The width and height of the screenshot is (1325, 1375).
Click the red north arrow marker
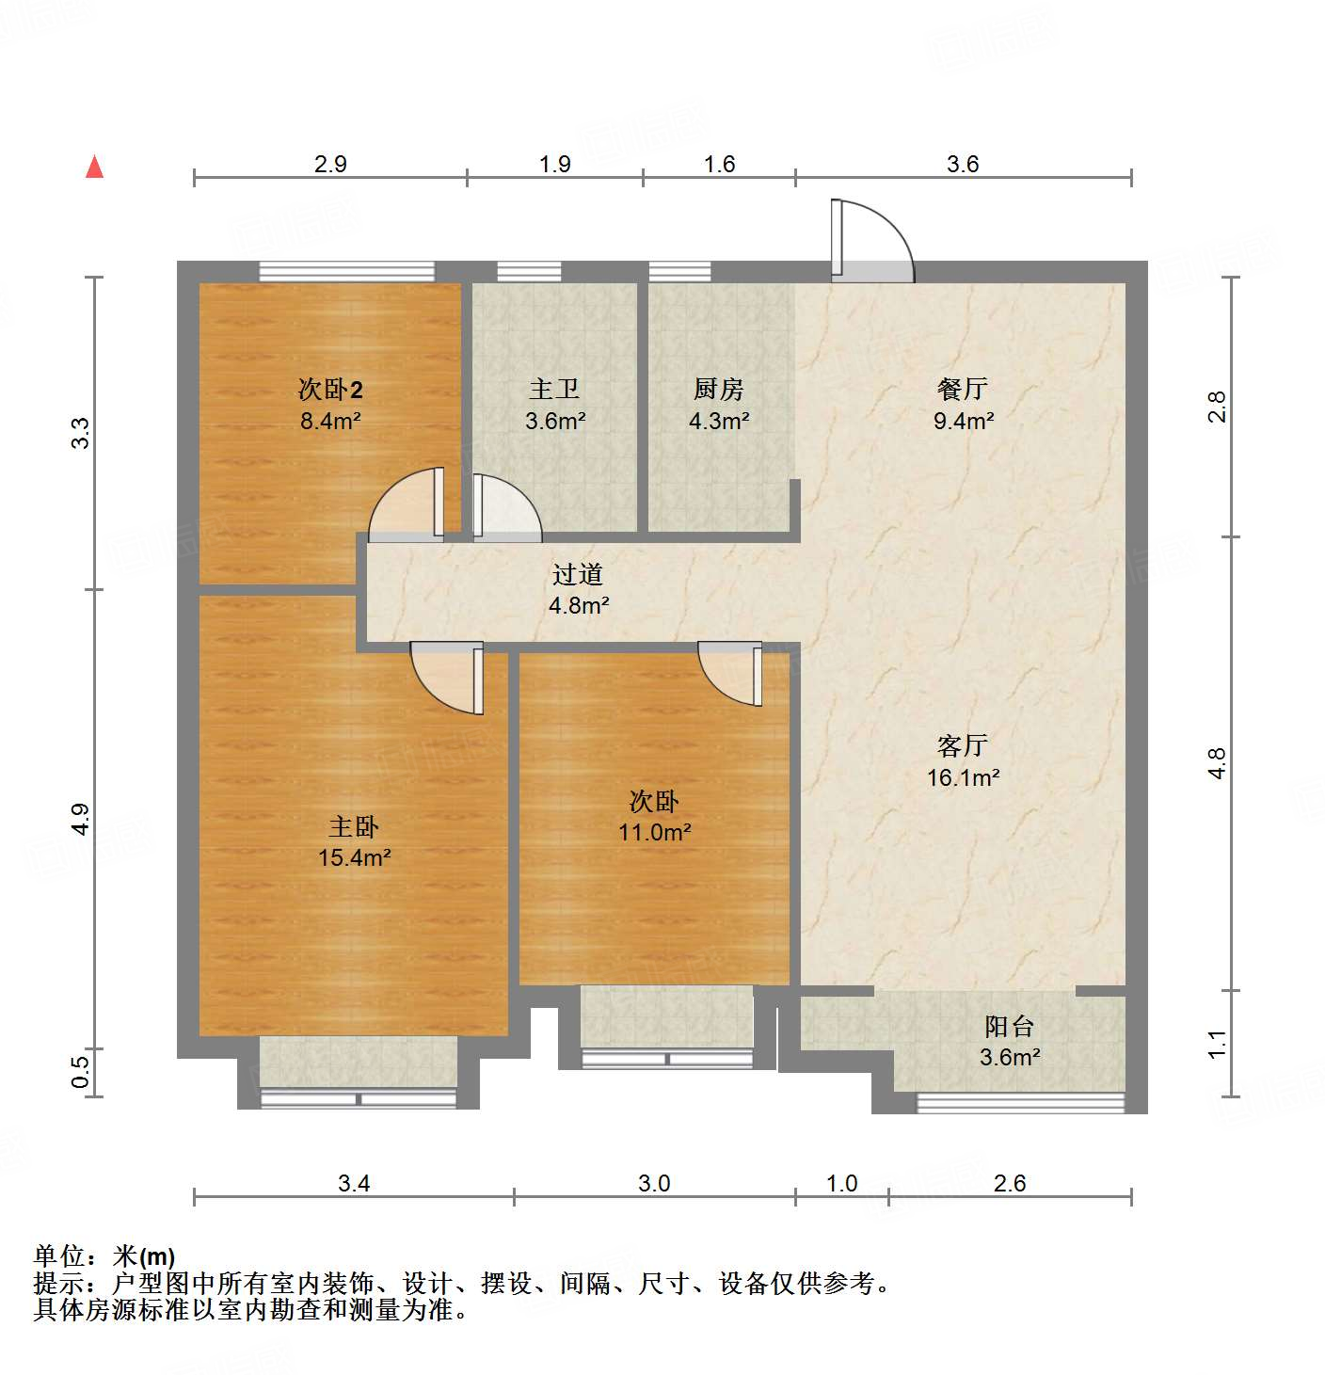[x=94, y=168]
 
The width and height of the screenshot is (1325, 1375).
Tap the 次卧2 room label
[x=330, y=389]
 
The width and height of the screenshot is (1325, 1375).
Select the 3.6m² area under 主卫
[x=555, y=421]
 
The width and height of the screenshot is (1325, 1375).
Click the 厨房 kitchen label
[x=718, y=389]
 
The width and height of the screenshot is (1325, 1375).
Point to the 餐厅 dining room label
[x=963, y=389]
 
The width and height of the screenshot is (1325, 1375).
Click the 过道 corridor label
[x=577, y=574]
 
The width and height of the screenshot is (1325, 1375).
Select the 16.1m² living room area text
[x=963, y=777]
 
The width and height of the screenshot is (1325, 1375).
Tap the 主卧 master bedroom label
[x=354, y=827]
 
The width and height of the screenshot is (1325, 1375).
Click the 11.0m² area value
[x=655, y=832]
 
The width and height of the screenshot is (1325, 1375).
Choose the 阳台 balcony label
[x=1010, y=1026]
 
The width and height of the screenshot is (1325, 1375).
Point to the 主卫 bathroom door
[x=506, y=509]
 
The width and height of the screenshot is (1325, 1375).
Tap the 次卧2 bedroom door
[x=407, y=506]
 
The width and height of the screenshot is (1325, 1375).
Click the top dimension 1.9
[x=555, y=165]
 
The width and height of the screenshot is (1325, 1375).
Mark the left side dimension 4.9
[x=81, y=818]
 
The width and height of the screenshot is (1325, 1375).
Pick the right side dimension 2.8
[x=1218, y=407]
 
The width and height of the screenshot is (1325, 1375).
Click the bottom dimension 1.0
[x=841, y=1183]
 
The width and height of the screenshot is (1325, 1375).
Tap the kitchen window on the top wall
[x=679, y=272]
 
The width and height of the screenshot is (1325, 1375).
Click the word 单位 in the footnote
[x=59, y=1256]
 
